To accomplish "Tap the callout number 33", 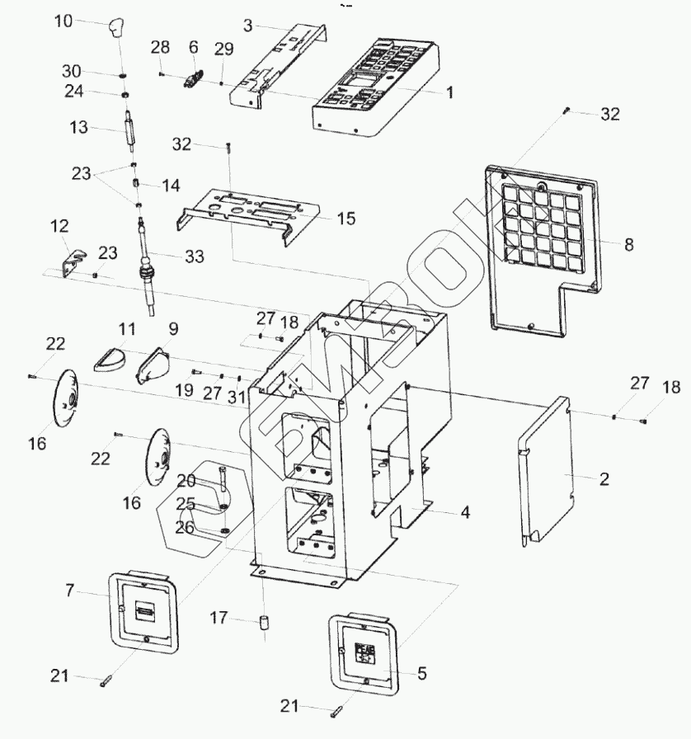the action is point(194,257).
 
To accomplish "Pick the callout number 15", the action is point(345,219).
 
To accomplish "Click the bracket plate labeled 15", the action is point(247,216).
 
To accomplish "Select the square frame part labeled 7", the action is point(143,610).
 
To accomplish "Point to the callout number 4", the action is point(465,512).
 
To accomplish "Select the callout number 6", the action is point(194,46).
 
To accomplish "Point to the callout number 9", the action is point(173,329).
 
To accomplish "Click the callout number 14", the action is point(171,186).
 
